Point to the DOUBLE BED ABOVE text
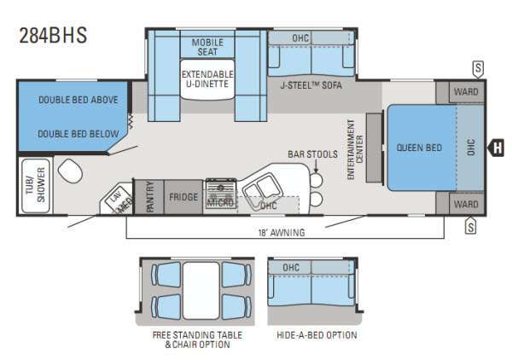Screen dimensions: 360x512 (73, 99)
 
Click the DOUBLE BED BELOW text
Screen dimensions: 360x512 (73, 135)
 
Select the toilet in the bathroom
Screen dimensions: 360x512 (73, 174)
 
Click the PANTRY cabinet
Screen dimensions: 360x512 (149, 196)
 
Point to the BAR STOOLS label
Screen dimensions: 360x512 (313, 154)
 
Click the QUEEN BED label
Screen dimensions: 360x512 (419, 148)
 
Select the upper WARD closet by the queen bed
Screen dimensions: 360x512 (465, 91)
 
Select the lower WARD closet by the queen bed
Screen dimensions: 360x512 (465, 205)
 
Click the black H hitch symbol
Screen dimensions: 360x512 (497, 148)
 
